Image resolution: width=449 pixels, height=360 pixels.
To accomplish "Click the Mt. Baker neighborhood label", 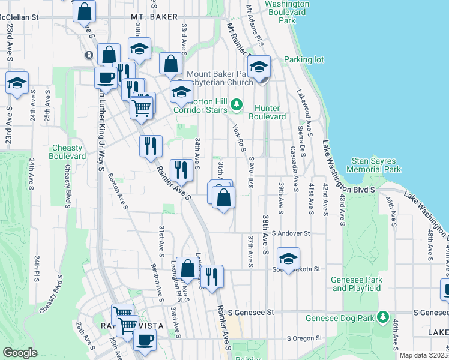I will [149, 18].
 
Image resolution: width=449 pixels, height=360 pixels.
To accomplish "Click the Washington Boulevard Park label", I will [288, 12].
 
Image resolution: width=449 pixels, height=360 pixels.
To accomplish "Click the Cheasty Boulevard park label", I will [68, 152].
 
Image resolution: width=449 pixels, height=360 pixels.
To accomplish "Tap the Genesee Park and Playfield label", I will [357, 284].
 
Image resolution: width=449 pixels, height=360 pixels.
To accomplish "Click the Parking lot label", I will [304, 60].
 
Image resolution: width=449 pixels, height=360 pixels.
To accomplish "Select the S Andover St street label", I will [291, 233].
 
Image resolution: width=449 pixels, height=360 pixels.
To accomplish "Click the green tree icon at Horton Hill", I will [237, 106].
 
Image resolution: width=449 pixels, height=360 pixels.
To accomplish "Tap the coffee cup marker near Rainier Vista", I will [143, 340].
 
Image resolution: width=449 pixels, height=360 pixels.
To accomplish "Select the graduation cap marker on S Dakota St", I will [288, 259].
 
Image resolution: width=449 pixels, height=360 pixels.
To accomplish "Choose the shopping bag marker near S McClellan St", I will [85, 11].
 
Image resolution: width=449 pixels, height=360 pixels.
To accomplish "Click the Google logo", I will [20, 353].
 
